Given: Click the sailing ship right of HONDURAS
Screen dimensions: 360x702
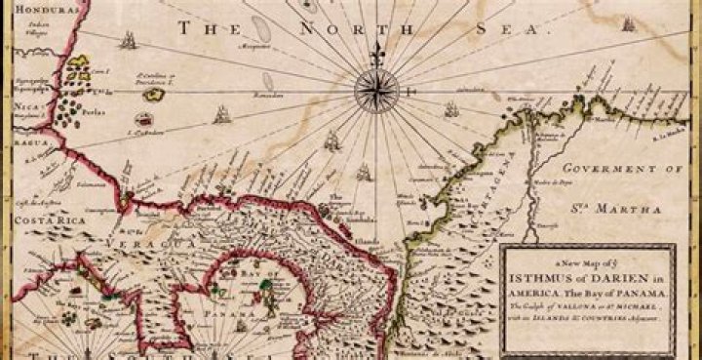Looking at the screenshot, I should [127, 41].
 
